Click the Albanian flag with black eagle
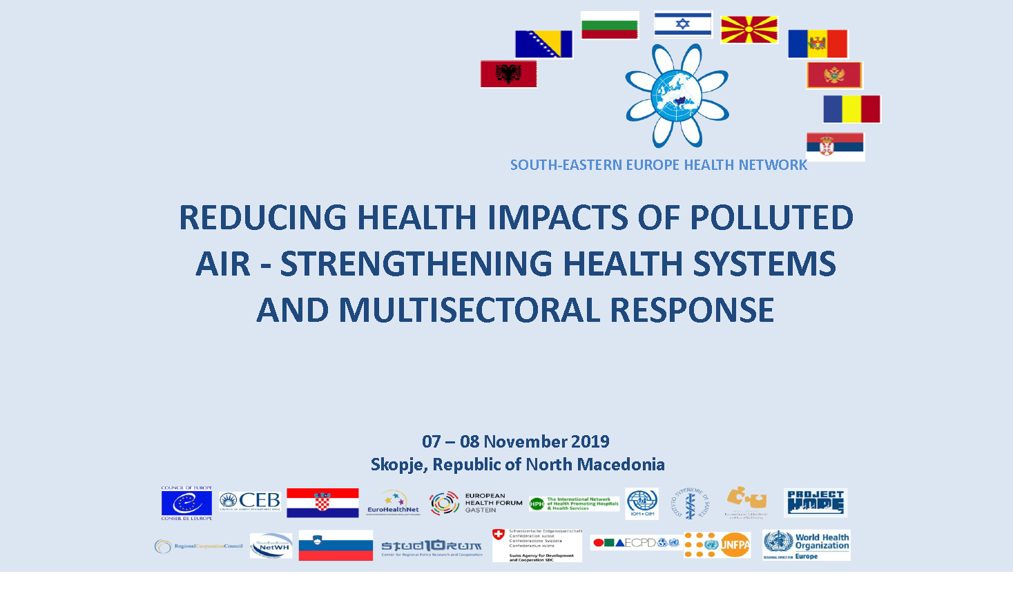[x=508, y=74]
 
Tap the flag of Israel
[x=682, y=24]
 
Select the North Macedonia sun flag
[x=749, y=30]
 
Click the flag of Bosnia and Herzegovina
[x=543, y=44]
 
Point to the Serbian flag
[x=835, y=146]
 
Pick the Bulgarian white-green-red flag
[x=610, y=26]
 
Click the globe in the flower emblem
[x=677, y=96]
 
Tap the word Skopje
[x=398, y=464]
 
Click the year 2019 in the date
[x=590, y=441]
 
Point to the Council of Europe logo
[x=186, y=503]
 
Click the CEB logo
[x=250, y=501]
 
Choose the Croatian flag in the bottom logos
[x=322, y=503]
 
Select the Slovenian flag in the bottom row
[x=336, y=546]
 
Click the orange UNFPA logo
[x=717, y=545]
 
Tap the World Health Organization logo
[x=806, y=545]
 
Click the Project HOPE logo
[x=816, y=503]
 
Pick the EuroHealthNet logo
[x=393, y=503]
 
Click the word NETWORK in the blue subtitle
[x=773, y=165]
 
